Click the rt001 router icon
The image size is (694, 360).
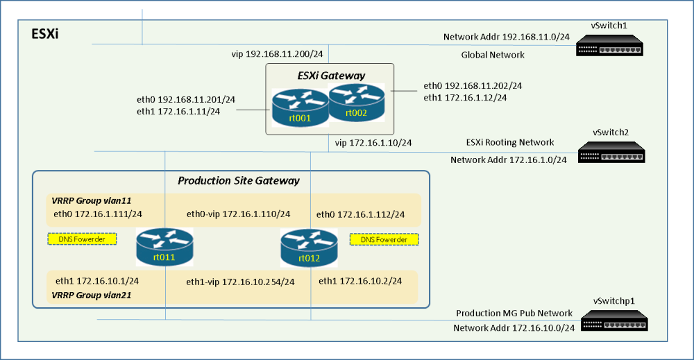pos(300,108)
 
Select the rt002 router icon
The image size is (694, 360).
pos(356,103)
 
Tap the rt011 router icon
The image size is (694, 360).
pos(164,247)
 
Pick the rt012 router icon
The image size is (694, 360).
pos(309,248)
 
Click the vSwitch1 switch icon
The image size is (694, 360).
pos(609,46)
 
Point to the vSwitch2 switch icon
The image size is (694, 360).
pos(611,152)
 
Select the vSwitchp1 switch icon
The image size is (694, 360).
pos(614,320)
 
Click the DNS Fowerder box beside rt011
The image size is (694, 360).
pos(82,239)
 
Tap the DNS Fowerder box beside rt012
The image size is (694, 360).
pos(384,239)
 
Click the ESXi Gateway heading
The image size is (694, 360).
pos(332,76)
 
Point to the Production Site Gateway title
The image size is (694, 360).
pos(239,180)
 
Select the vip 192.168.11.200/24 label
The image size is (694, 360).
pos(277,54)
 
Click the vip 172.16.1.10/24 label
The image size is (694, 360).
pos(373,143)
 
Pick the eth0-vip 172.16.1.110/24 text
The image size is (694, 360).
pos(239,214)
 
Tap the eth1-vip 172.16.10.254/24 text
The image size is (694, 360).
pos(240,282)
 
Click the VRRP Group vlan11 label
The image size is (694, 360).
pos(92,200)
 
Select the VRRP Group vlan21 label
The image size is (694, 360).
pos(92,295)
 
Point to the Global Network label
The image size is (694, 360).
pos(493,55)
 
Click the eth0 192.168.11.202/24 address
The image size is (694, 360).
pos(473,86)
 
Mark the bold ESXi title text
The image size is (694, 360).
pos(45,34)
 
